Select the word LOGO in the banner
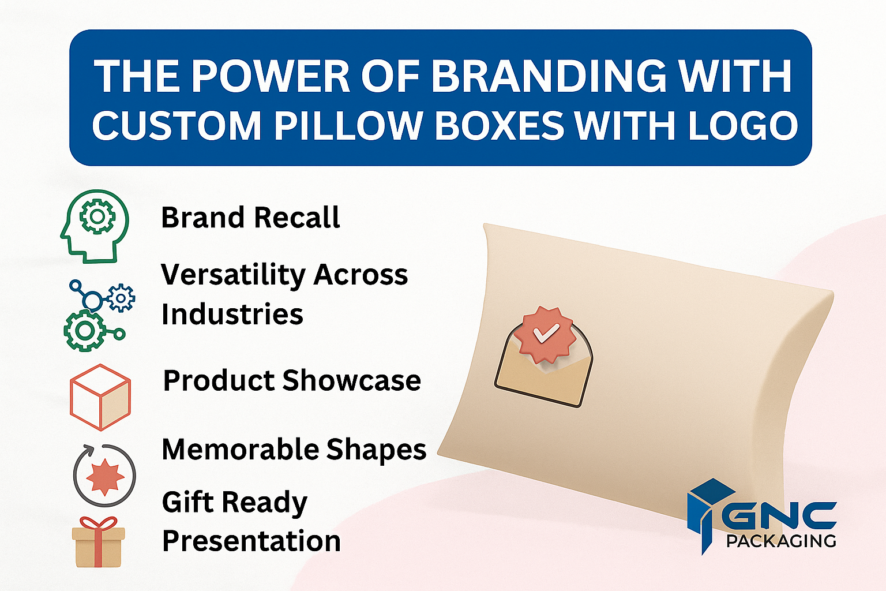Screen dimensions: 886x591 (744, 125)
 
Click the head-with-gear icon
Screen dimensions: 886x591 (95, 226)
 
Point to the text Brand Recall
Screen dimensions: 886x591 (250, 218)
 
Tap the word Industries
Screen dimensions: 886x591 (232, 314)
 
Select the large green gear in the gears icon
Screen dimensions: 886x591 (84, 331)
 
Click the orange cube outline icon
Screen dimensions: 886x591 (100, 397)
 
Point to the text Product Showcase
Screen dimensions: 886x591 (292, 380)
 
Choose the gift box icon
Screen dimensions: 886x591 (99, 542)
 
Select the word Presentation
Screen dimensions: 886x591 (251, 541)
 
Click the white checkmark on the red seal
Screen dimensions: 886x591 (546, 332)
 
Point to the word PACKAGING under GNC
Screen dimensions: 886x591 (781, 541)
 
